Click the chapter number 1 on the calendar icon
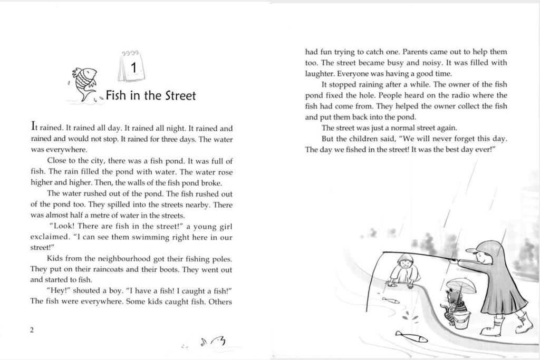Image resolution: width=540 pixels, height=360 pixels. click(134, 68)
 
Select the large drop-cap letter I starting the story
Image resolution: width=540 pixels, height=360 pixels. click(34, 127)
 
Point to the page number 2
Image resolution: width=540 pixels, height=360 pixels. click(32, 330)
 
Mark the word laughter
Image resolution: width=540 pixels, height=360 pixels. click(320, 73)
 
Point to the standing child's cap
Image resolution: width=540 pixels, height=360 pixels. click(473, 251)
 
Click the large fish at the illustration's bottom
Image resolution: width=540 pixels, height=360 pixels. click(411, 336)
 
